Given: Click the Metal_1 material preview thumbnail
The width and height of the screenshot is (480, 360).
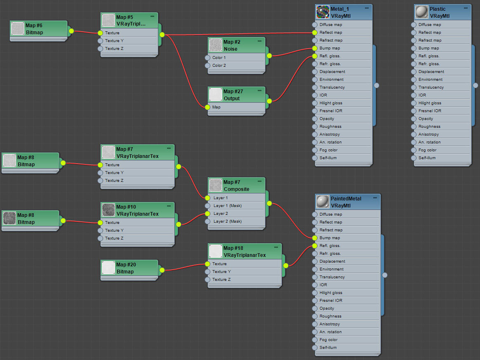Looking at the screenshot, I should coord(323,12).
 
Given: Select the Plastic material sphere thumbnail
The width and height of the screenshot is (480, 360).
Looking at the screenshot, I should coord(422,12).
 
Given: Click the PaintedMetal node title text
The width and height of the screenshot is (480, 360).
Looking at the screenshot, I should coord(346,198).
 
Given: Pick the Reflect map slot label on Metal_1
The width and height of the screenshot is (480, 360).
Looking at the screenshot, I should coord(331,33).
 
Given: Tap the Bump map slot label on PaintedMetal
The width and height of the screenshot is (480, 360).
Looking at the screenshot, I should coord(329,238).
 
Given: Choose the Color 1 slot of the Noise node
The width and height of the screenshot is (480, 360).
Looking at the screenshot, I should coord(219,58).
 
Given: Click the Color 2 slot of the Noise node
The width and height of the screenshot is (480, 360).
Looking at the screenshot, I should coord(219,66).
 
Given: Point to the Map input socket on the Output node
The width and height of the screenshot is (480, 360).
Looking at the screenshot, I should coord(207,107).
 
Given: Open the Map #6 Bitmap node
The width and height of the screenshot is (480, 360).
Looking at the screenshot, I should coord(34,29).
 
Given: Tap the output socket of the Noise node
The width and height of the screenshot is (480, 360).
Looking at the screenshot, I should coord(269,56).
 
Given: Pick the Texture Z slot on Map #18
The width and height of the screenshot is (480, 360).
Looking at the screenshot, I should coord(221,280).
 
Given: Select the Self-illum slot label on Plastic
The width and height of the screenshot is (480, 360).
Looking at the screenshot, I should coord(427,158).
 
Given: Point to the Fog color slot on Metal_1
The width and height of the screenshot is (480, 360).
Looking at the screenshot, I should coord(328,150).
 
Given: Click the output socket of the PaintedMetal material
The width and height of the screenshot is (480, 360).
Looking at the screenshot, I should coord(384,275).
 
